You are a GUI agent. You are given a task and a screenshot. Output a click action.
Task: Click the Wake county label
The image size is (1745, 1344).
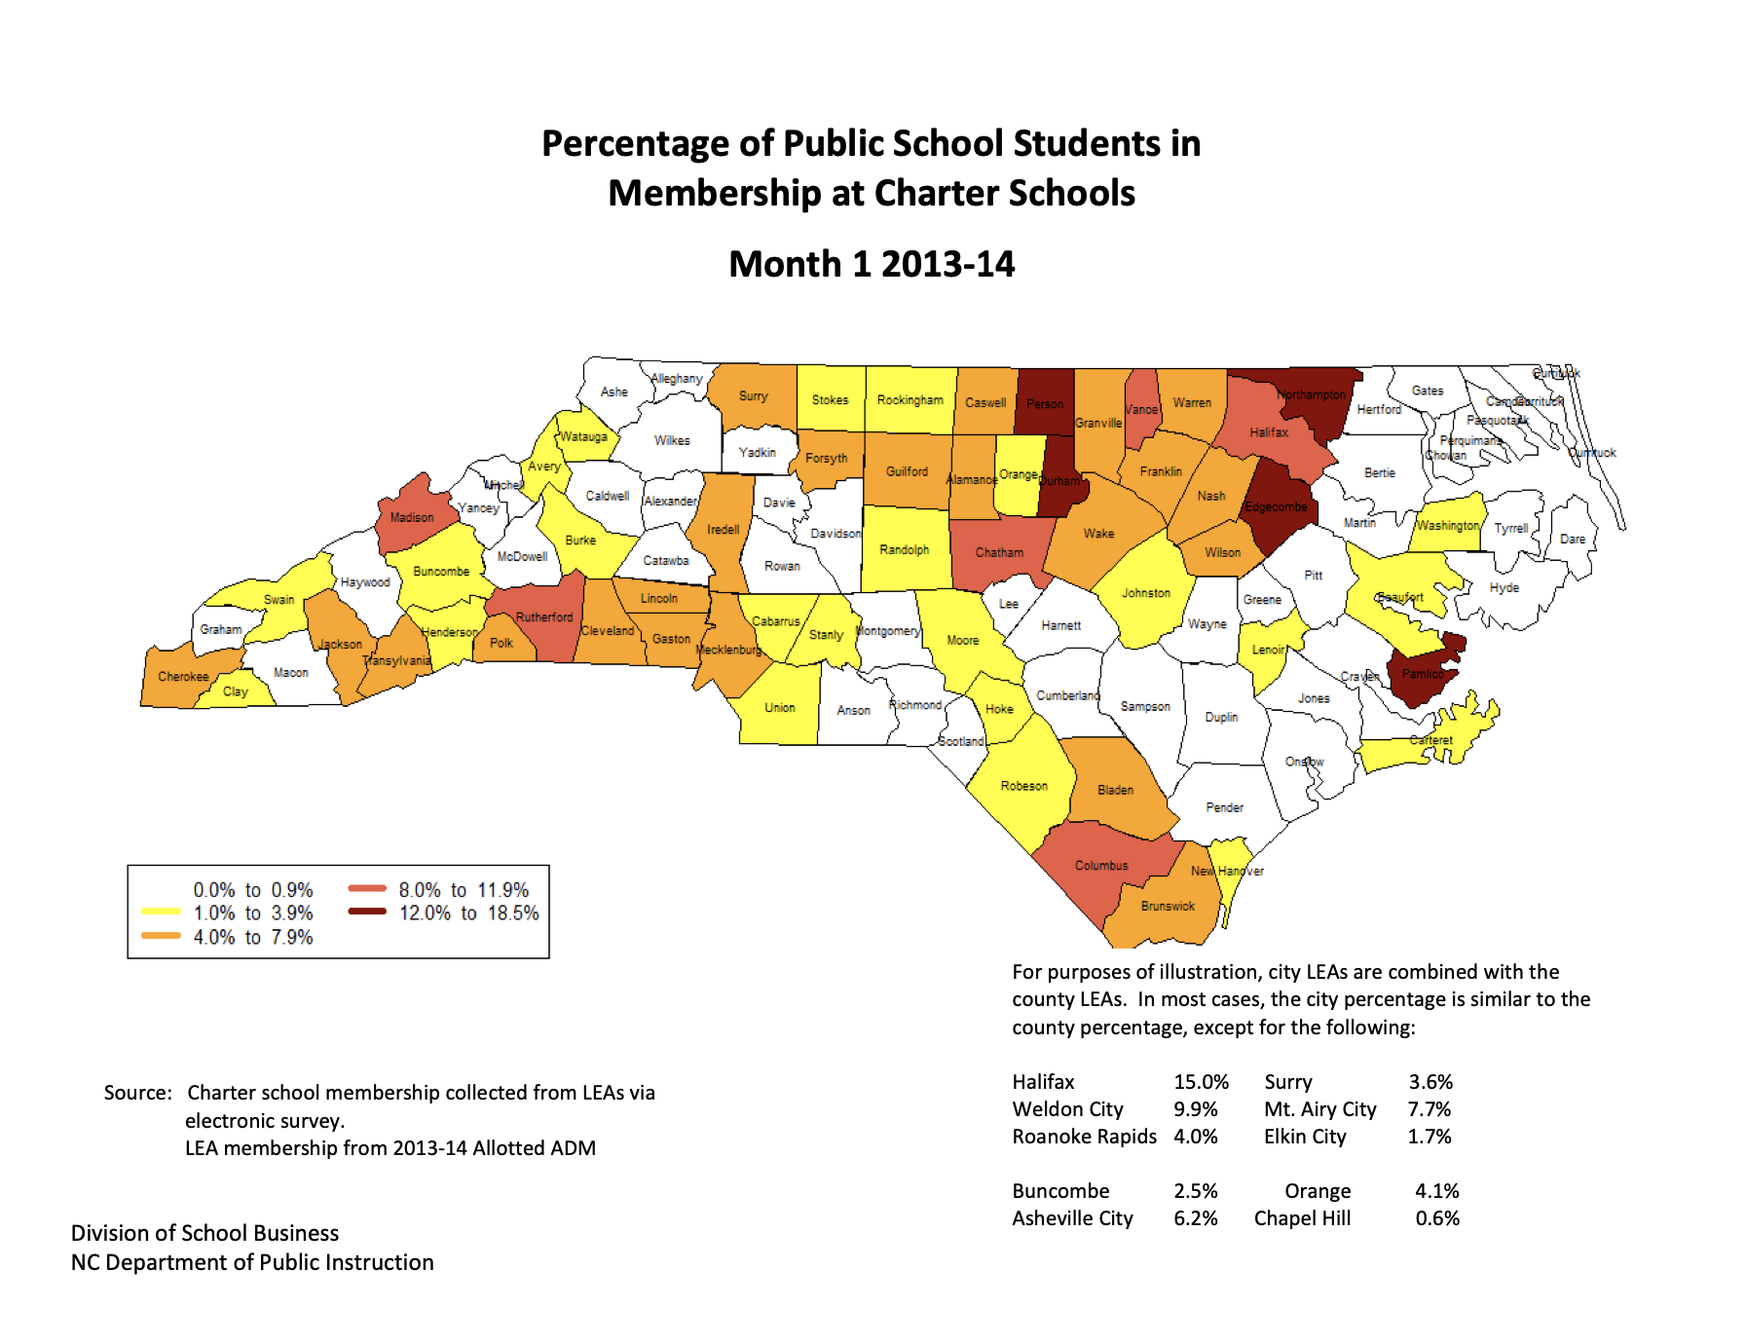[x=1098, y=534]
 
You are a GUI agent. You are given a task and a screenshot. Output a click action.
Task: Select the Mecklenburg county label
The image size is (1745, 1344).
[x=728, y=650]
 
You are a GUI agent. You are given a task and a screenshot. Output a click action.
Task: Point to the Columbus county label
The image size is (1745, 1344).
[x=1101, y=866]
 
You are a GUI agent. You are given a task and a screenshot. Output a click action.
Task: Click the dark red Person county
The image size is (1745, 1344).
[x=1044, y=403]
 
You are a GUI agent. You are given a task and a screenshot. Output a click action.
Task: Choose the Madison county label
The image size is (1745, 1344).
[x=412, y=517]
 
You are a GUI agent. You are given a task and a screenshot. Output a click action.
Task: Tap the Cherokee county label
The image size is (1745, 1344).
[x=183, y=677]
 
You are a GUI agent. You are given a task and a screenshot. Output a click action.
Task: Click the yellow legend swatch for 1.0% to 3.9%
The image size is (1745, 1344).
[x=161, y=913]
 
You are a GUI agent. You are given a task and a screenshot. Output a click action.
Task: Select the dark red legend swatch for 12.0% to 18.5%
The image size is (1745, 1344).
[x=367, y=913]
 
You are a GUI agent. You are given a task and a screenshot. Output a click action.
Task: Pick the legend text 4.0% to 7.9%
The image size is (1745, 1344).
[x=253, y=937]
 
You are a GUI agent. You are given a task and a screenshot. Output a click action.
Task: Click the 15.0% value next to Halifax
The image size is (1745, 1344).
[x=1201, y=1082]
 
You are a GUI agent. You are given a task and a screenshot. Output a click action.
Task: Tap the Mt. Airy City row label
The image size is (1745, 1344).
[x=1319, y=1109]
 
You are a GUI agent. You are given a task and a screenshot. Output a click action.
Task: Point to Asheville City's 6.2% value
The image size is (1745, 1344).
[x=1195, y=1218]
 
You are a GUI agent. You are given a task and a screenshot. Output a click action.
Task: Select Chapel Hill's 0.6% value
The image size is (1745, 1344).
[x=1437, y=1218]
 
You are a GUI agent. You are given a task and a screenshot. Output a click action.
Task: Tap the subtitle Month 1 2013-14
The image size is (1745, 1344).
[x=872, y=264]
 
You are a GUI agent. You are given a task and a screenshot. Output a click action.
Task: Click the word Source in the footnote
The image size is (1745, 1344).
[x=136, y=1093]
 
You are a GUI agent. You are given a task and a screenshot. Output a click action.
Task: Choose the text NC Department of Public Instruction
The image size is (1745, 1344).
[x=252, y=1262]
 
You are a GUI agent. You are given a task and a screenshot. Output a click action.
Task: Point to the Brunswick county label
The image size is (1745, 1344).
[x=1168, y=907]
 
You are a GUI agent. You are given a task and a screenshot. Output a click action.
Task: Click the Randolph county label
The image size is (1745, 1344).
[x=904, y=550]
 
